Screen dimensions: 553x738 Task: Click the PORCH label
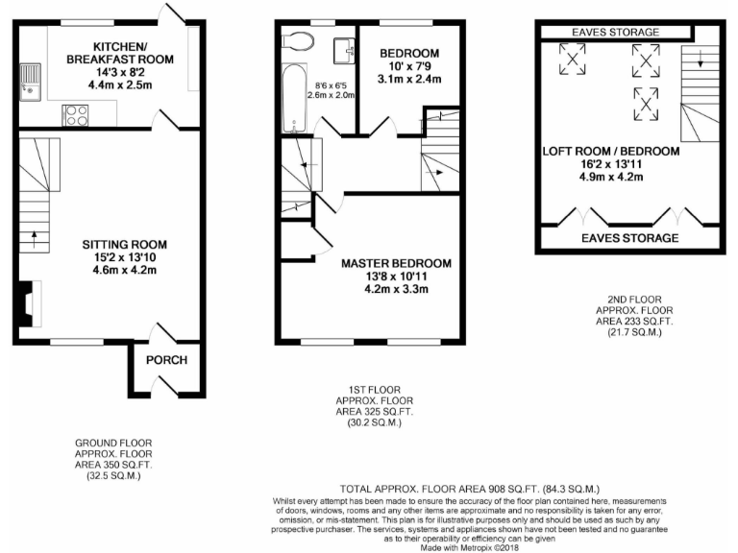[165, 361]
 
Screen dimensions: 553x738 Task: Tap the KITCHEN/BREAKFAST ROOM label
[134, 53]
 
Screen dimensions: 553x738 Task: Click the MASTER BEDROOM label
[396, 262]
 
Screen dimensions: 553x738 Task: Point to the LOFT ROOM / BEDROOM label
[611, 152]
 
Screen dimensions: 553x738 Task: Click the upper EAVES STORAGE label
[616, 32]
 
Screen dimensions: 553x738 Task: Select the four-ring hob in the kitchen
[75, 114]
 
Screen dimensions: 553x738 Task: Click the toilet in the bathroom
[299, 41]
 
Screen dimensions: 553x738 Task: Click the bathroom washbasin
[344, 47]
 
